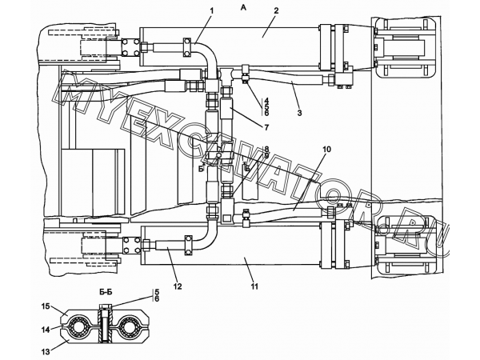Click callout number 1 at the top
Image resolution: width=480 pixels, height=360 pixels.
coord(211,10)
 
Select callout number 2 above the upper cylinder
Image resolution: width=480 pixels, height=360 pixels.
coord(276,10)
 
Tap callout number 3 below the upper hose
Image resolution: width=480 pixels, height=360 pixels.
coord(299,113)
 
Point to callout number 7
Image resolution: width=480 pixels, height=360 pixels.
coord(266,127)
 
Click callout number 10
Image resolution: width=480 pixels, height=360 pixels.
coord(326,150)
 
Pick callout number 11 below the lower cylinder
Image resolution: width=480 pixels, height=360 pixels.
coord(254,286)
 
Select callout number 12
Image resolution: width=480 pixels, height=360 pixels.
coord(178,286)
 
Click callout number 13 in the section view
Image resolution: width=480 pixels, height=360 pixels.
coord(46,352)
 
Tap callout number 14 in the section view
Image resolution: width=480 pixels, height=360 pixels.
coord(46,330)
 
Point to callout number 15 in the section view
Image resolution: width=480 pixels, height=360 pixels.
coord(46,306)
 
